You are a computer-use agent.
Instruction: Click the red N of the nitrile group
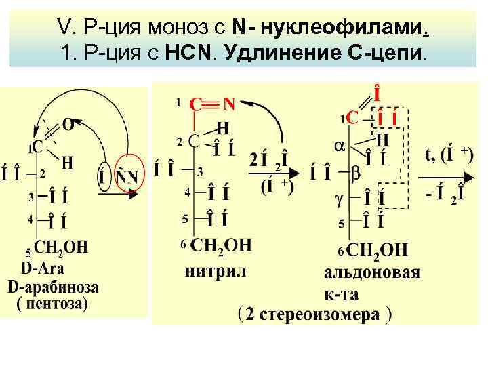(228, 104)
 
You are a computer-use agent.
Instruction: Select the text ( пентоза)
(52, 303)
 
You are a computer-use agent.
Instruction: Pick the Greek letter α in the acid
(342, 144)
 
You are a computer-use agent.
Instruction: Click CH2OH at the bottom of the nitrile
(220, 244)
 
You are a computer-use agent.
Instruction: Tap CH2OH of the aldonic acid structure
(376, 250)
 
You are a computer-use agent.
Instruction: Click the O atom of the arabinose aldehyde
(69, 123)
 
